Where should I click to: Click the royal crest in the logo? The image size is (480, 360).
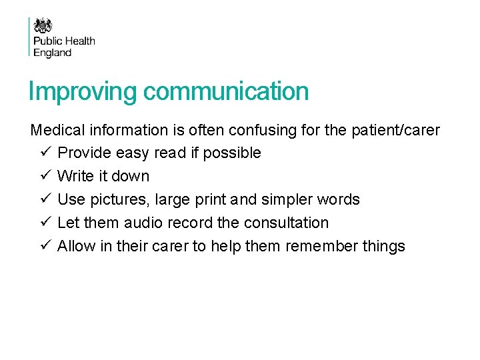[43, 25]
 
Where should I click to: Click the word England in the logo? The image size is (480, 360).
[53, 53]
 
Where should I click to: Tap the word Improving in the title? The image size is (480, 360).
[82, 92]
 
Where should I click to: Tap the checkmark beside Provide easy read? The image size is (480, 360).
[43, 153]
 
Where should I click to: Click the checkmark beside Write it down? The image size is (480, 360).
[43, 176]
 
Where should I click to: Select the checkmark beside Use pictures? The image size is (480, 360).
[43, 199]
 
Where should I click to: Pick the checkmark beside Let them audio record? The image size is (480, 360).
[43, 223]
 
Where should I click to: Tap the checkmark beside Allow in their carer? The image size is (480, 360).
[43, 246]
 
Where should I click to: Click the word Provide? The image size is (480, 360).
[84, 153]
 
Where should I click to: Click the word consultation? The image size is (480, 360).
[288, 223]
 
